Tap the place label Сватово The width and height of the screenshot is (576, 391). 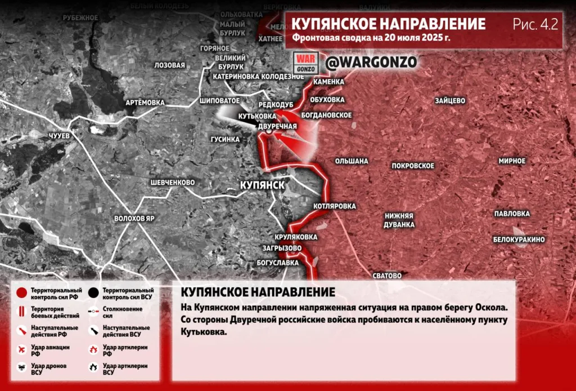point(387,276)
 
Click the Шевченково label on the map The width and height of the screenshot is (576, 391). point(172,183)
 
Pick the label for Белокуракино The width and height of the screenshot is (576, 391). point(519,239)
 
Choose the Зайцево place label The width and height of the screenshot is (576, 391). point(449,101)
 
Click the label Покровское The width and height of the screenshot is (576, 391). point(413,166)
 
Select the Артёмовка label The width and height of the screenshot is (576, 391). point(145,103)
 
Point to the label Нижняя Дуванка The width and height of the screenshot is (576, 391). point(399,220)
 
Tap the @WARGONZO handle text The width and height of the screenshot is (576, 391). point(371,63)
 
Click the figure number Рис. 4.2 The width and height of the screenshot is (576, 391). point(534,24)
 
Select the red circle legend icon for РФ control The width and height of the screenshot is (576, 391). point(21,293)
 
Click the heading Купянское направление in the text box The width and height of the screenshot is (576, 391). point(258,292)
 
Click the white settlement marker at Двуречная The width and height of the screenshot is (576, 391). point(269,131)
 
